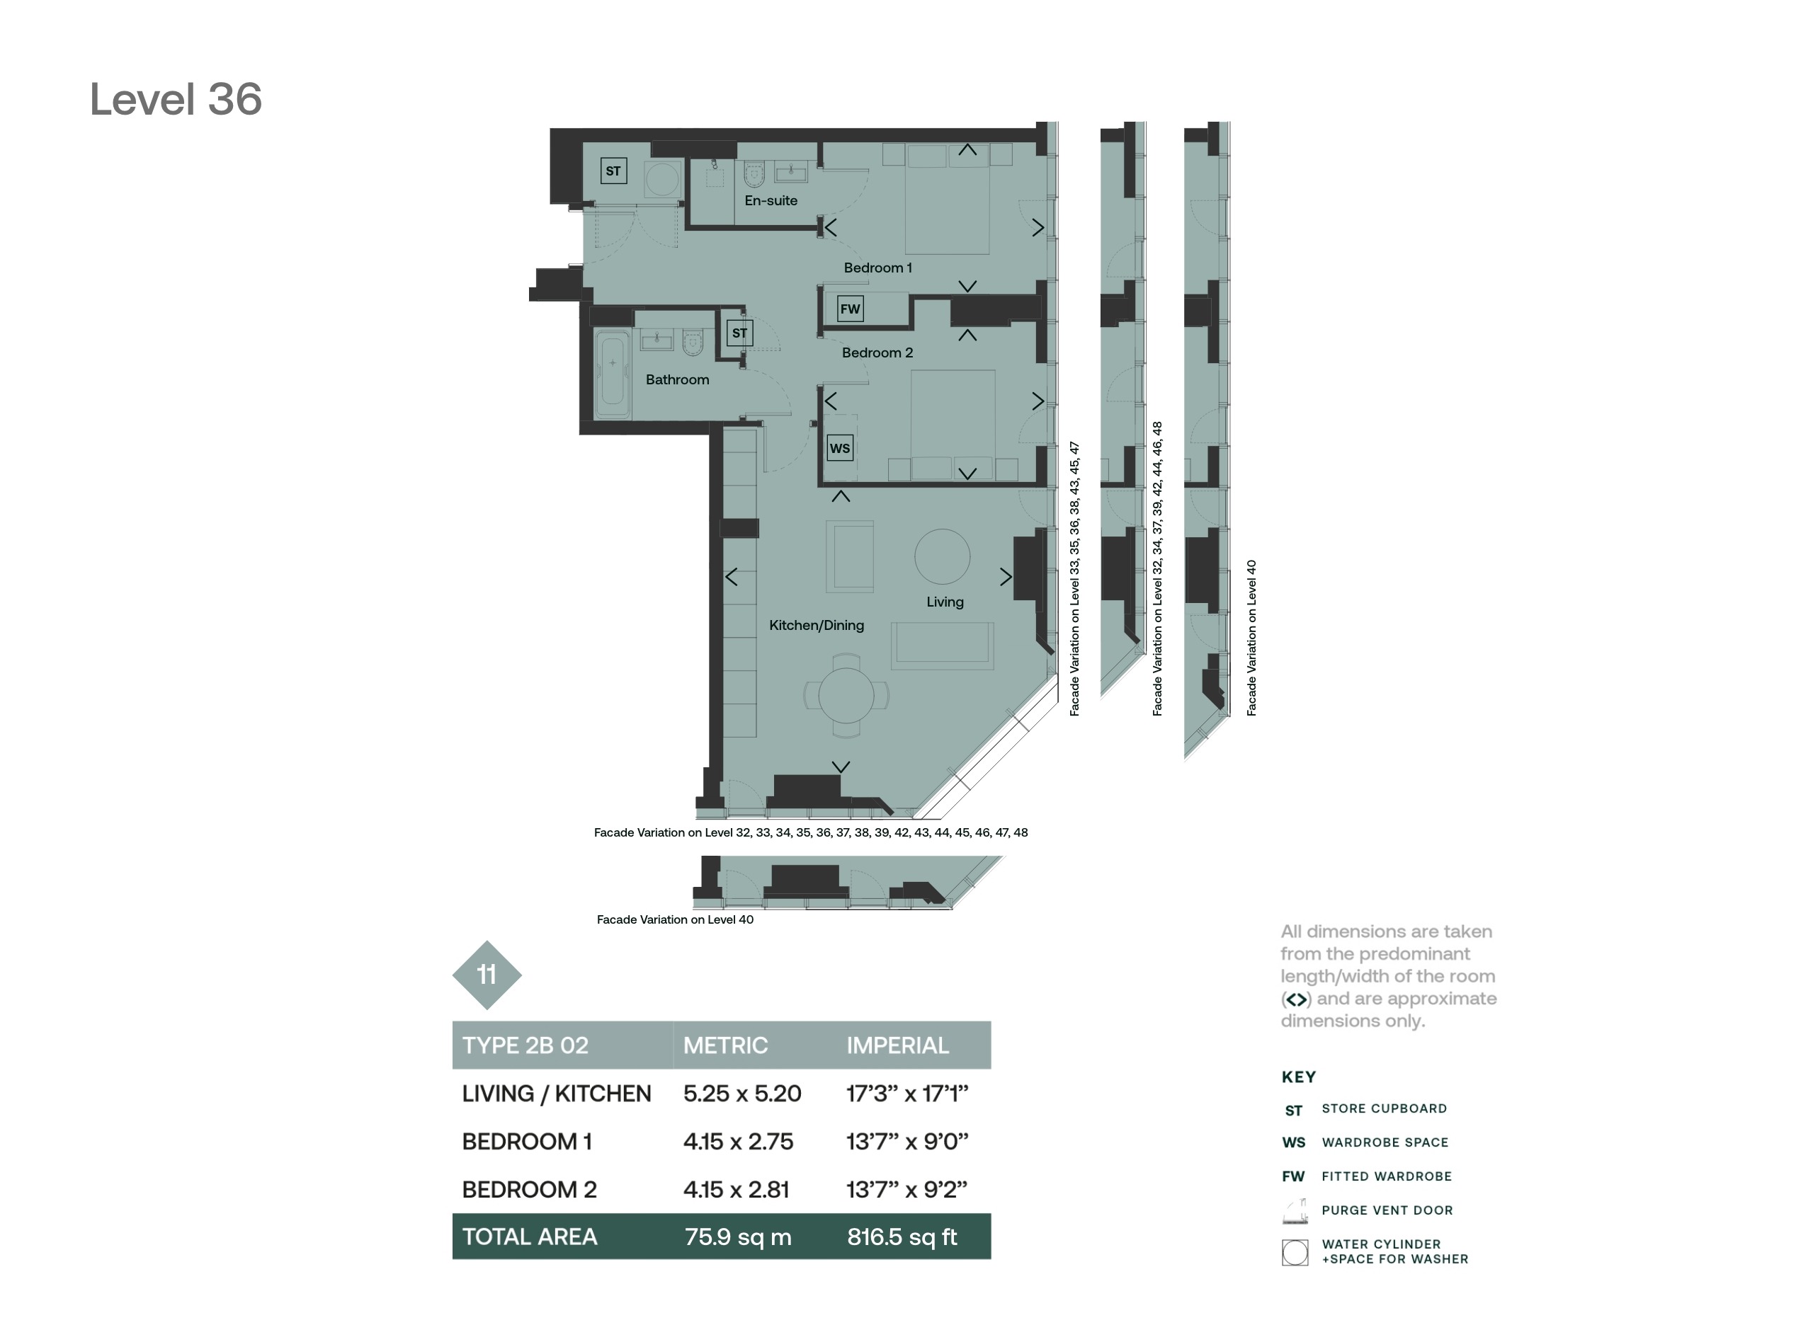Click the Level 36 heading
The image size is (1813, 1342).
176,99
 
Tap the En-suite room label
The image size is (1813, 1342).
771,200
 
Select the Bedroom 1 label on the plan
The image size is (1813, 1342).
877,268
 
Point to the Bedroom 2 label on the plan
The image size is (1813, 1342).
877,352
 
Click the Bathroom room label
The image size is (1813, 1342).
677,379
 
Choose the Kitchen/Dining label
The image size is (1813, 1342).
816,625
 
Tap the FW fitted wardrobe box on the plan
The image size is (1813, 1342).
850,309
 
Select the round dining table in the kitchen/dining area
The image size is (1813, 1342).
846,695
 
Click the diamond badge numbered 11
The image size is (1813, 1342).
487,975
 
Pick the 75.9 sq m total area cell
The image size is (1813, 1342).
738,1237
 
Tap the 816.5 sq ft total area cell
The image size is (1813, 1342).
902,1237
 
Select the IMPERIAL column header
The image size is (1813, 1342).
897,1045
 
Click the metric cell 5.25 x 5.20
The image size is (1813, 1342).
742,1094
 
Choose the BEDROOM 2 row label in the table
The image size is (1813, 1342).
529,1189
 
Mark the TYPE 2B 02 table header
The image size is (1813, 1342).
525,1045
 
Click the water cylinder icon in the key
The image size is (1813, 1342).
1295,1252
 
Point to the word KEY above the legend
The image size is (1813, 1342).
1299,1077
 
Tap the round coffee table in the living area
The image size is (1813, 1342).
942,556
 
